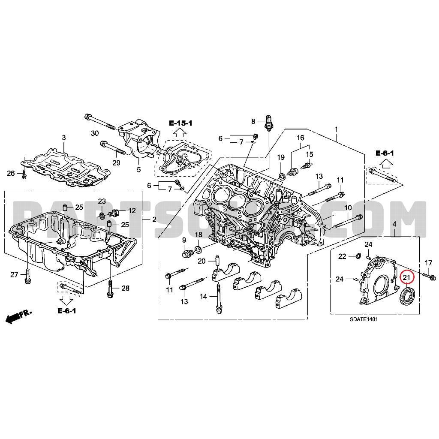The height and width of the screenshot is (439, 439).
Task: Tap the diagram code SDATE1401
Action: pyautogui.click(x=363, y=319)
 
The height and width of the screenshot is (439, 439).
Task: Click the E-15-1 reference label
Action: pyautogui.click(x=180, y=123)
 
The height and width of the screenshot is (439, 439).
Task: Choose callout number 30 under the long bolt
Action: pyautogui.click(x=95, y=133)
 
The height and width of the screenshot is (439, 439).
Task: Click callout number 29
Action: pyautogui.click(x=117, y=162)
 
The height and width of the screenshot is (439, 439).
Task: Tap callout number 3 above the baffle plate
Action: pyautogui.click(x=64, y=138)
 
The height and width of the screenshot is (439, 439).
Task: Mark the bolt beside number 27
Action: pyautogui.click(x=27, y=276)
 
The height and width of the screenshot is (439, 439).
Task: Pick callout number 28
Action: pyautogui.click(x=125, y=288)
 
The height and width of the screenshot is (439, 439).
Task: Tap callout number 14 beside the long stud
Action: pyautogui.click(x=203, y=297)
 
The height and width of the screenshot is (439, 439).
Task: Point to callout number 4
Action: pyautogui.click(x=394, y=224)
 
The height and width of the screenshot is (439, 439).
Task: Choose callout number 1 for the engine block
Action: pyautogui.click(x=337, y=129)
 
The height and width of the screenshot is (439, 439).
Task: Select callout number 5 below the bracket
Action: pyautogui.click(x=138, y=169)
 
